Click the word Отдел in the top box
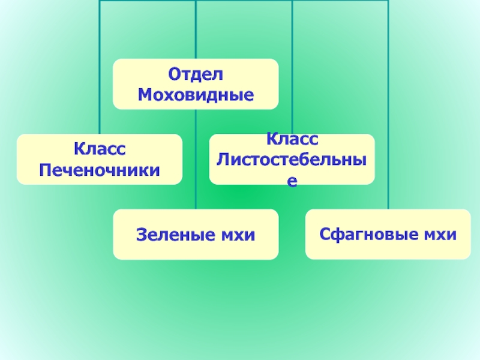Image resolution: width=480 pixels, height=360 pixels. (196, 75)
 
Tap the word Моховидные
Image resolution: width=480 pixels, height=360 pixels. (196, 94)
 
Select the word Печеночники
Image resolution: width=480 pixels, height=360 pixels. (100, 169)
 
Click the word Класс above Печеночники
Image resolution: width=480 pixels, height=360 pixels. (100, 149)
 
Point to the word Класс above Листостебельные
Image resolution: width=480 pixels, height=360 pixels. (292, 140)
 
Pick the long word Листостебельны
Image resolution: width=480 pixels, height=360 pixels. (292, 159)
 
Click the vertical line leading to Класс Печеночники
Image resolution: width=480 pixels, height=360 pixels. (100, 120)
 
